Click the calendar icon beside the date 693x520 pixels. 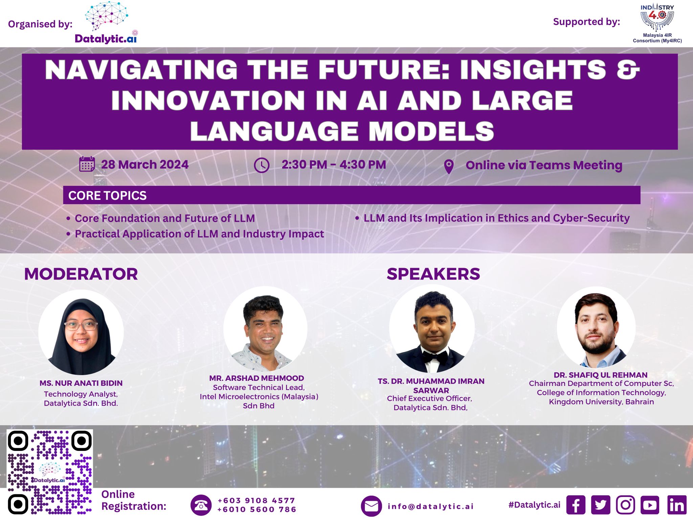pos(87,164)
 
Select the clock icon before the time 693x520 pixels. pos(262,165)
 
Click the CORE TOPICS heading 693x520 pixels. pos(107,196)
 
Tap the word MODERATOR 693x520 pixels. pos(81,274)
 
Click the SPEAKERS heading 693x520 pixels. pos(433,274)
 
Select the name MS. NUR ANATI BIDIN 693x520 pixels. pos(81,383)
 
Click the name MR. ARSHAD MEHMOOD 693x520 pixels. pos(256,378)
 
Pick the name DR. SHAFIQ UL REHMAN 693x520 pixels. pos(601,375)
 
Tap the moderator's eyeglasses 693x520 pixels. pos(81,326)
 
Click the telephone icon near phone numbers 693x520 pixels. pos(201,505)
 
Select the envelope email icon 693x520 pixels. pos(371,506)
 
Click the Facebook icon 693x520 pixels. pos(576,505)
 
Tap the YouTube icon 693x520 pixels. pos(650,505)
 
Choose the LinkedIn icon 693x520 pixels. pos(677,505)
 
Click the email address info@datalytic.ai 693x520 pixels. pos(430,506)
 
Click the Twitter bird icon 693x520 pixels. pos(601,505)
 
